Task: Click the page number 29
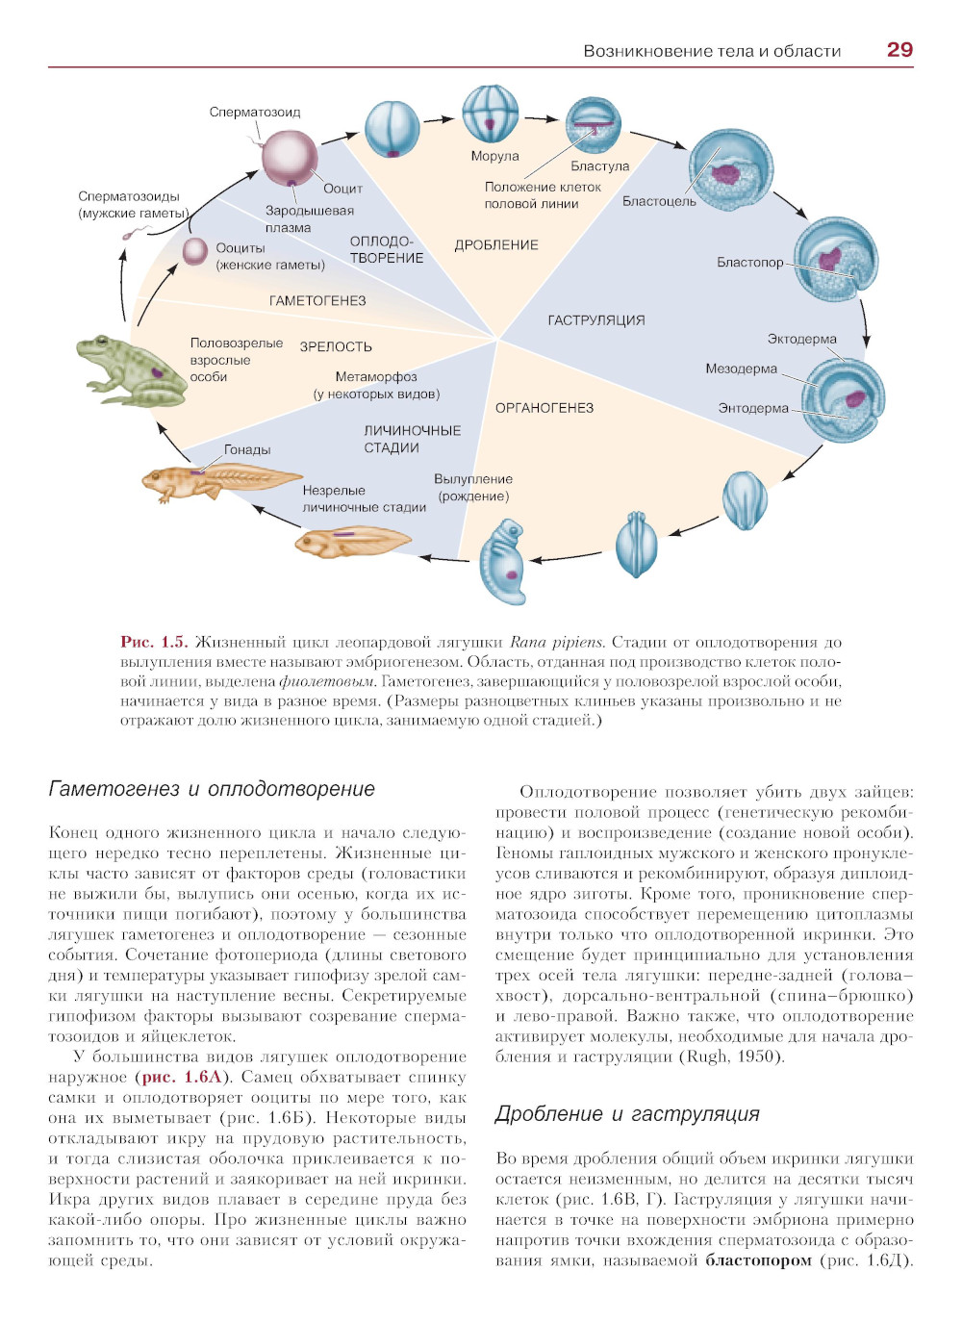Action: (899, 50)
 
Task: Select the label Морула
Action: (494, 156)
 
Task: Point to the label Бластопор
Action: (749, 262)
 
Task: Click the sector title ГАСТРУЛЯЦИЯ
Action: (596, 320)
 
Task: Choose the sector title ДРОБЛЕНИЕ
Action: (496, 245)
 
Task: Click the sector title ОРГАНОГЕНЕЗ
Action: (544, 408)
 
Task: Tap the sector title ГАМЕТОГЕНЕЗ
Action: (317, 301)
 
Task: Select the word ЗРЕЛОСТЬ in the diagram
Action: (336, 347)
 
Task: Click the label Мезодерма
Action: (741, 369)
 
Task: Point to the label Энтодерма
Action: (753, 408)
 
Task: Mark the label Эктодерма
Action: (801, 339)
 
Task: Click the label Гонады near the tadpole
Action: (247, 449)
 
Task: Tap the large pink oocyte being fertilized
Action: (290, 158)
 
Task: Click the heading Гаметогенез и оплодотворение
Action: (212, 789)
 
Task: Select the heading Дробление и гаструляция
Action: (627, 1114)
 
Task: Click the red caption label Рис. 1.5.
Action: (154, 642)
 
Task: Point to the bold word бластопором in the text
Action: (759, 1260)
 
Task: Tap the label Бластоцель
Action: (659, 201)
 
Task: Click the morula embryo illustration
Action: (491, 114)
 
